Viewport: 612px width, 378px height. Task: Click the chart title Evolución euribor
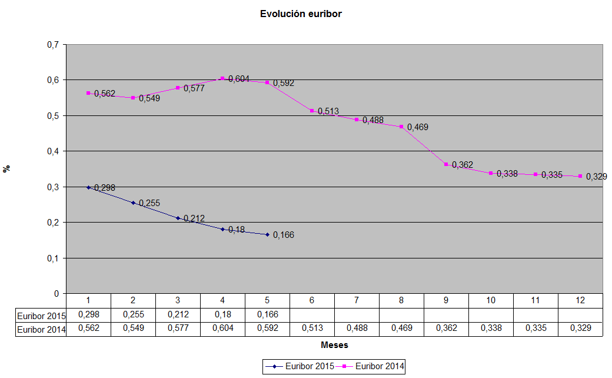301,14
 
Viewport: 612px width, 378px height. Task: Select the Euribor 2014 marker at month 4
222,78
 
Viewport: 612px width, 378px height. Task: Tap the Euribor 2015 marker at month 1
88,187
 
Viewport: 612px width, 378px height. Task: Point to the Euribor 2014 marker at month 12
580,176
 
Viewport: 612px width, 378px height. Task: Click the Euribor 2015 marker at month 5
267,234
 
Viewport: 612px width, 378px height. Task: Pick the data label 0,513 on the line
328,111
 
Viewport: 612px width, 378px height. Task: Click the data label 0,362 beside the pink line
463,165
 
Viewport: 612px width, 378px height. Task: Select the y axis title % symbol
7,168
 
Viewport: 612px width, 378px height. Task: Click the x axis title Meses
334,345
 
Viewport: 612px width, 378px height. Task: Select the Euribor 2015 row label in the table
40,315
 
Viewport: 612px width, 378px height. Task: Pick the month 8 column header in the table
401,300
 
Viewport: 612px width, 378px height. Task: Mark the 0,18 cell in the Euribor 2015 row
222,315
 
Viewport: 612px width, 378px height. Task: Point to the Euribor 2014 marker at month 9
446,164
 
